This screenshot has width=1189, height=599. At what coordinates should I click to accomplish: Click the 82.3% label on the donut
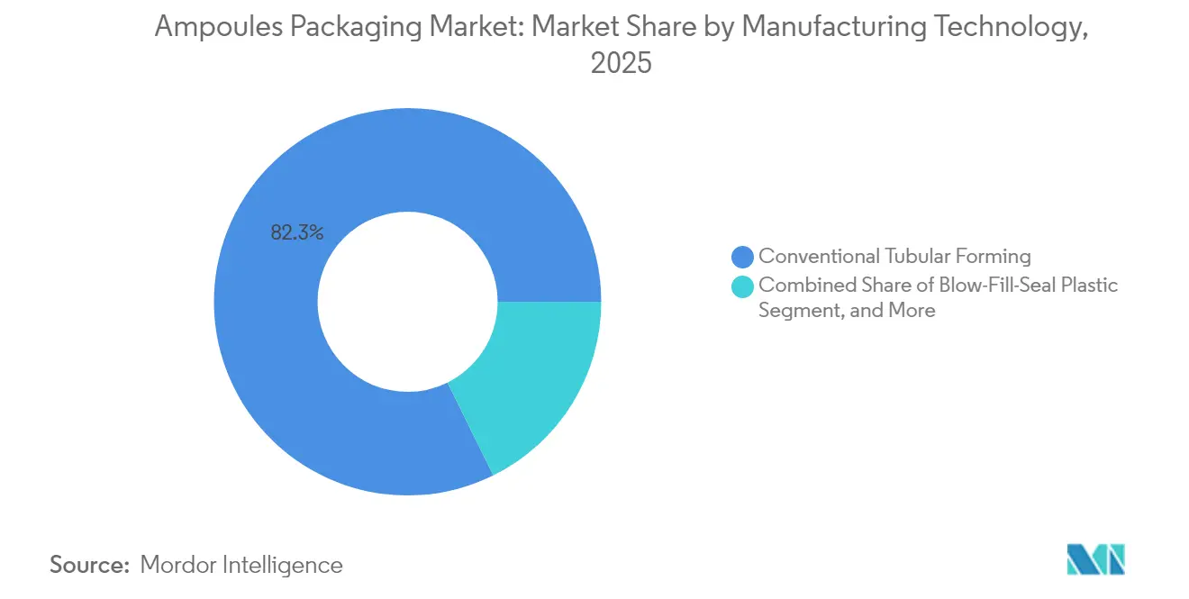point(296,232)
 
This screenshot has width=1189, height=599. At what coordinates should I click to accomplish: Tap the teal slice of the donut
point(531,378)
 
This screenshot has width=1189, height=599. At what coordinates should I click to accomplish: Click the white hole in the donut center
point(407,302)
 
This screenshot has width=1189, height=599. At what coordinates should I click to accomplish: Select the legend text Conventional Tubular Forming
point(894,257)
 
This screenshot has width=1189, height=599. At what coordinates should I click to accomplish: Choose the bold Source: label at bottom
point(89,565)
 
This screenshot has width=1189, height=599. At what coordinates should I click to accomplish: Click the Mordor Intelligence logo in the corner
point(1095,559)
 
